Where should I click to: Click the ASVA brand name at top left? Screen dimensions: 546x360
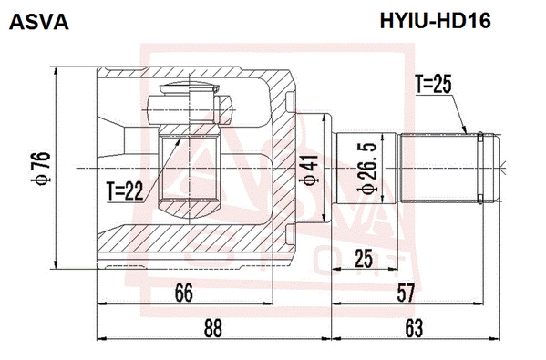point(39,22)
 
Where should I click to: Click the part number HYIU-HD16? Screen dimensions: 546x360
point(436,21)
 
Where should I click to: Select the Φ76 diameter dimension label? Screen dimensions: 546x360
point(40,169)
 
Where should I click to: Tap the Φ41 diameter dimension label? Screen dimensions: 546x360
point(309,170)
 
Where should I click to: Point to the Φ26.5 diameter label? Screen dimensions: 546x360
point(367,169)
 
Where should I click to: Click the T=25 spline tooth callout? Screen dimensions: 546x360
point(433,85)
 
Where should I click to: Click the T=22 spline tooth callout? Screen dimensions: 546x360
point(125,191)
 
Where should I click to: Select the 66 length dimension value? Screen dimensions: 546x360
point(183,293)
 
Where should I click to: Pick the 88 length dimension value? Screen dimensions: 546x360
point(212,328)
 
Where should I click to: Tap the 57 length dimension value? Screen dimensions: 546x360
point(406,293)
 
